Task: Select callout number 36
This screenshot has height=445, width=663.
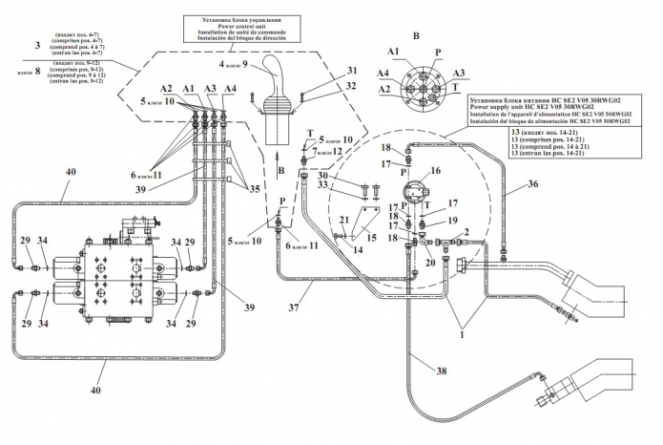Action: pyautogui.click(x=561, y=184)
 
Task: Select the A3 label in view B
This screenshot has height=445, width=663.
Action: pyautogui.click(x=458, y=73)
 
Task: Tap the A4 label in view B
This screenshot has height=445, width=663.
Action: pyautogui.click(x=382, y=73)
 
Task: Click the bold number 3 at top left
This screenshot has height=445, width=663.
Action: pyautogui.click(x=35, y=45)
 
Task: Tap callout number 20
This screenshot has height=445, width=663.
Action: pyautogui.click(x=430, y=261)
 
